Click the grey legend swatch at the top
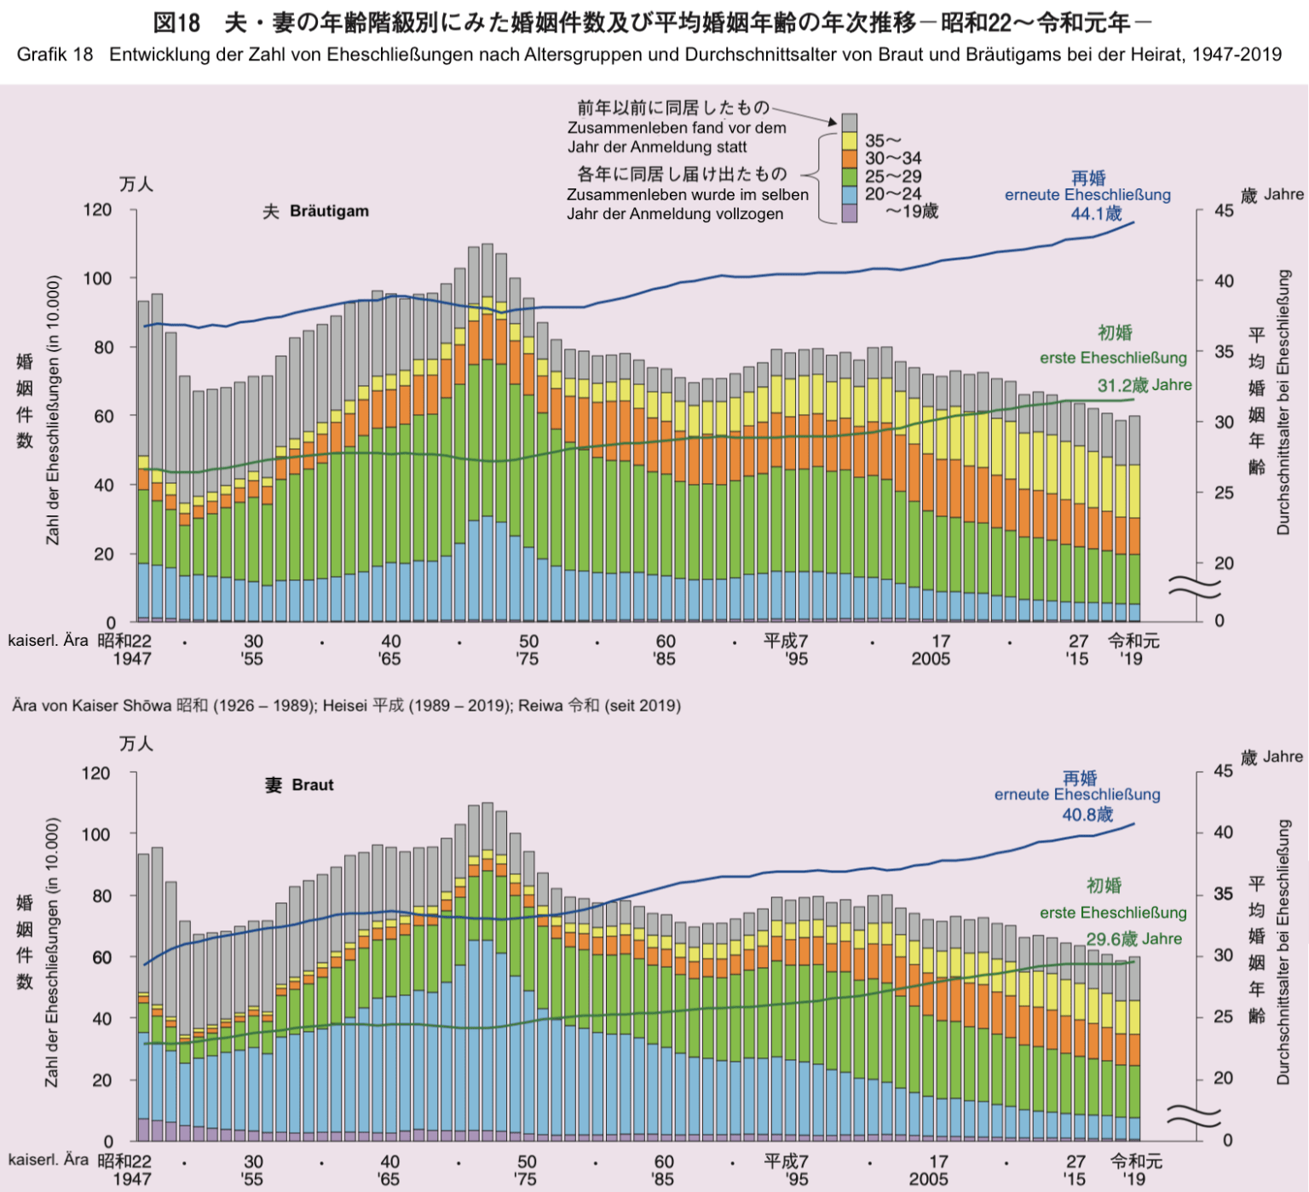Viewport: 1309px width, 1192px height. point(849,122)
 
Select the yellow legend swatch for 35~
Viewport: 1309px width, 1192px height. point(849,141)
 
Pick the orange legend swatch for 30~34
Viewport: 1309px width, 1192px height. point(849,158)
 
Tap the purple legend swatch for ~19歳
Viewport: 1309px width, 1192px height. point(849,213)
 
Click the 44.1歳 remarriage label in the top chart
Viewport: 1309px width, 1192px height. point(1097,214)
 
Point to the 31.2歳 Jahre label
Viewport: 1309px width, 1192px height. point(1145,385)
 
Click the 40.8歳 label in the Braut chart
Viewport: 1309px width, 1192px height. point(1087,815)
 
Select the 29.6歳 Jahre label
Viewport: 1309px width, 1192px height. point(1133,939)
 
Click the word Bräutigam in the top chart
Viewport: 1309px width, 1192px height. point(329,211)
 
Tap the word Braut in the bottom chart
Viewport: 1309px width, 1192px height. point(312,785)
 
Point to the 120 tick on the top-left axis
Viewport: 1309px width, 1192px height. point(96,210)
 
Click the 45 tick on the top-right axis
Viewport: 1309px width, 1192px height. point(1224,210)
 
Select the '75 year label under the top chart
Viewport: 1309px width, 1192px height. point(527,659)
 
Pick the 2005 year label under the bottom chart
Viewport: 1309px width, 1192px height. point(928,1179)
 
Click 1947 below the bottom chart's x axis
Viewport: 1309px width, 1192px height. point(131,1179)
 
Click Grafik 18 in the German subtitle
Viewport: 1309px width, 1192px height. point(55,55)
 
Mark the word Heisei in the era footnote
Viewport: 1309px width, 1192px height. point(344,705)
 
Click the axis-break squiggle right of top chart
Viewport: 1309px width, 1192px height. point(1183,585)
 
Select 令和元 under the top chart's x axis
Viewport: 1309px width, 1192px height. point(1133,641)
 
